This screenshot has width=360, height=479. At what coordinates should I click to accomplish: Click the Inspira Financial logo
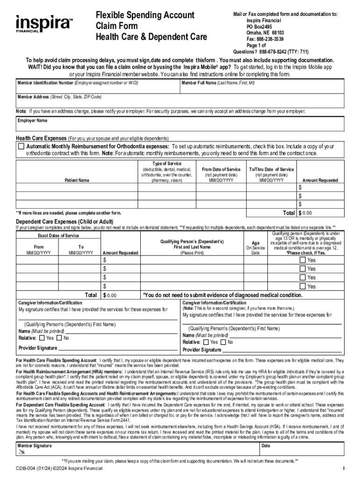[44, 23]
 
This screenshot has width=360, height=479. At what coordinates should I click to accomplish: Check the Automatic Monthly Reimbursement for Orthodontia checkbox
[21, 146]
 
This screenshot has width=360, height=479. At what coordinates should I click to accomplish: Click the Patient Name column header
[77, 180]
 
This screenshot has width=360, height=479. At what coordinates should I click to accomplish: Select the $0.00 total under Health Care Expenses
[307, 213]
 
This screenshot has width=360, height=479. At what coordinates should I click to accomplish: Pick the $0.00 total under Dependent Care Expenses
[111, 296]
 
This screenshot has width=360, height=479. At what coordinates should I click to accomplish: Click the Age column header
[255, 243]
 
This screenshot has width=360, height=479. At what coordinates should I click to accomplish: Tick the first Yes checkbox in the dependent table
[302, 260]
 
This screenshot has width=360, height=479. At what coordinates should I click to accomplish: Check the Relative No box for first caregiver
[59, 338]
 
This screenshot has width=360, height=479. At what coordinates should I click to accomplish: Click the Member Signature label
[35, 446]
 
